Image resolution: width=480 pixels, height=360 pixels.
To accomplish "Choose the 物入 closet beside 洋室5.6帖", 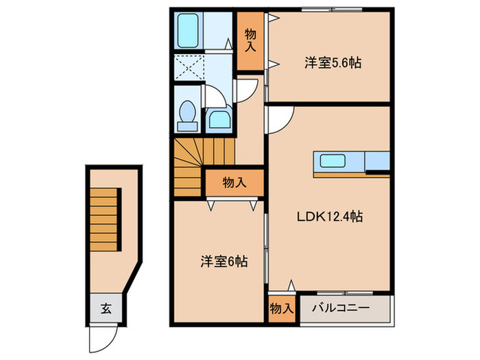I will [x=250, y=42].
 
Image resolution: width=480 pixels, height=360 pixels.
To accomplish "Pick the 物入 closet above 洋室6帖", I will [x=235, y=182].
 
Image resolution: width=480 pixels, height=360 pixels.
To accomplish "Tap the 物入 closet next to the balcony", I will [x=280, y=309].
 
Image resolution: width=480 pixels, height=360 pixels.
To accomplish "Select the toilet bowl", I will [x=186, y=115].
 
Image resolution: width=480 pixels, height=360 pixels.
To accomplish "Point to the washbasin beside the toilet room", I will [x=218, y=119].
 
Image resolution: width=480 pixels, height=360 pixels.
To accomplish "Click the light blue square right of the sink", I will [x=377, y=161].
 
